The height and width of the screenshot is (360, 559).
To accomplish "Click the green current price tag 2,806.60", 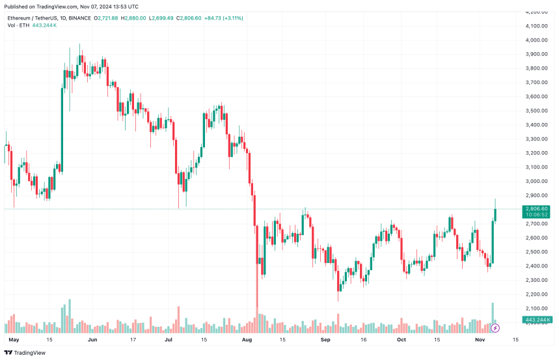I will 536,209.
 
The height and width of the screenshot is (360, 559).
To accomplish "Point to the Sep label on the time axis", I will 326,339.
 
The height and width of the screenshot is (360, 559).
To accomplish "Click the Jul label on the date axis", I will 168,339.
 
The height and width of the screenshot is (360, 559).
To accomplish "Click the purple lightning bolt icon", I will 495,328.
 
